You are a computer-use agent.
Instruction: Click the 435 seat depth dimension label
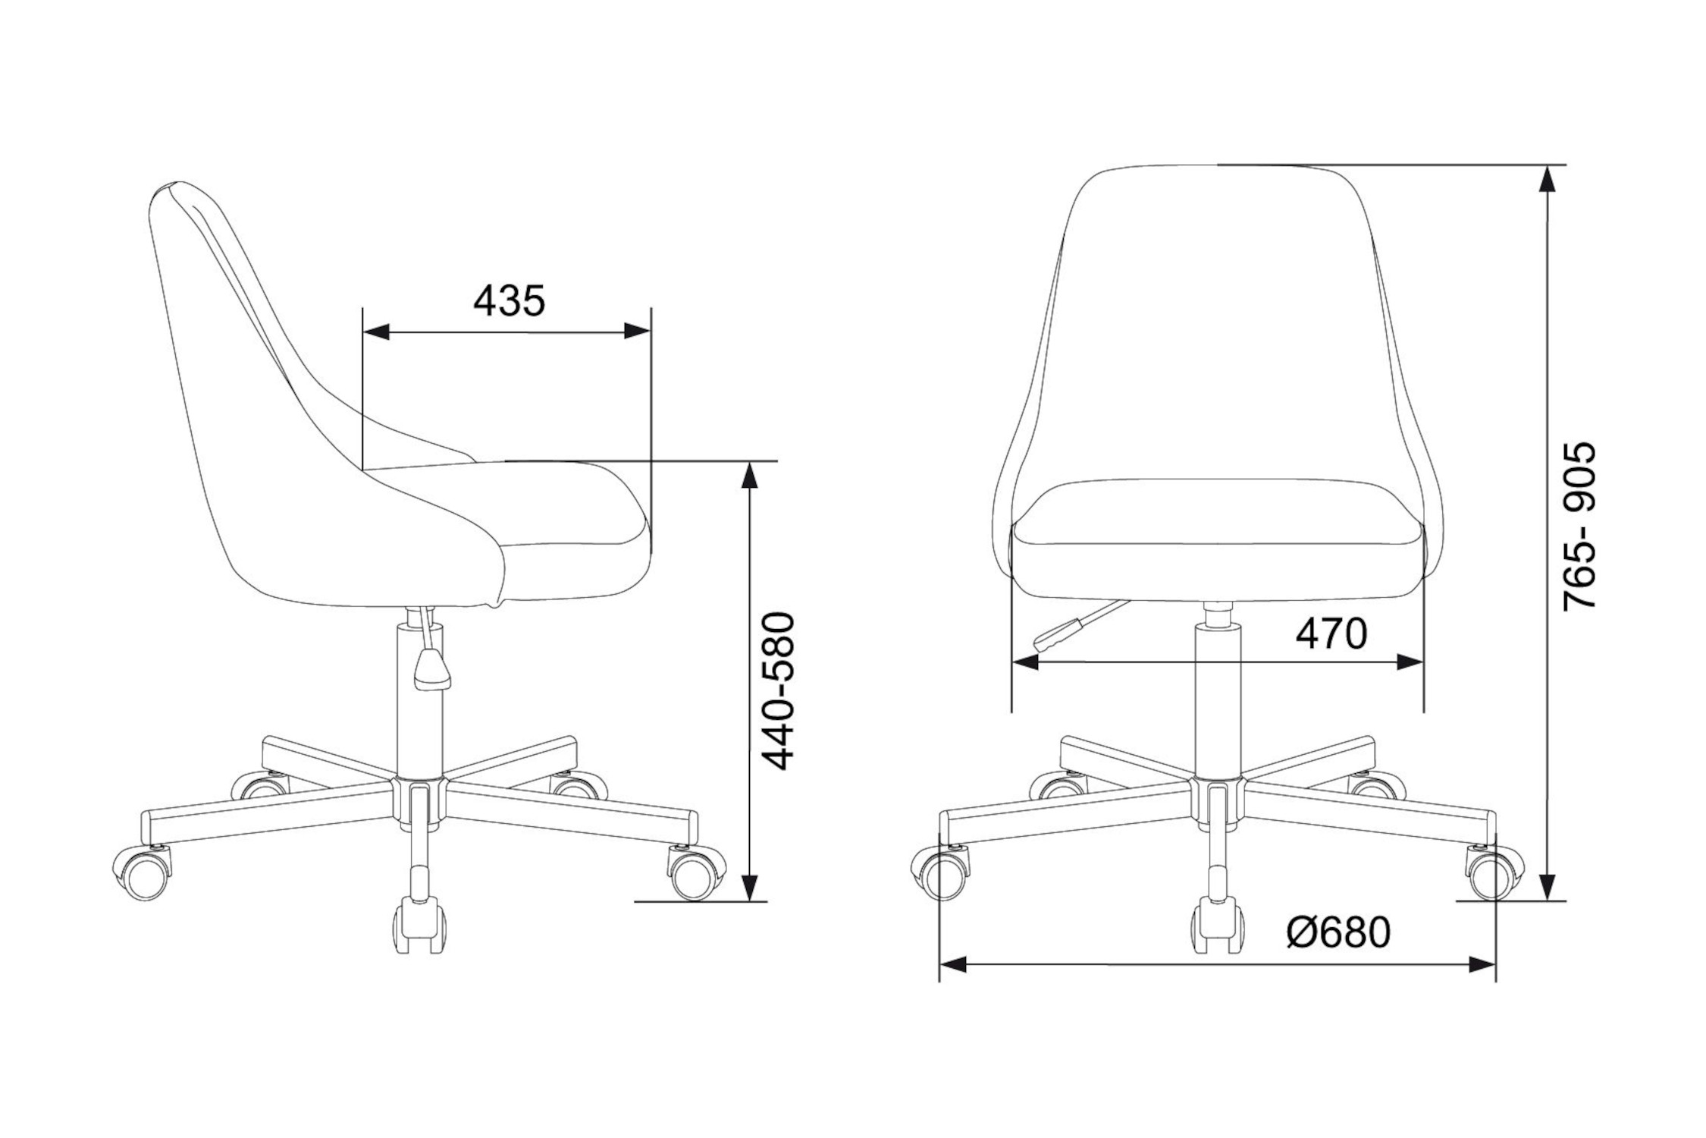pos(509,301)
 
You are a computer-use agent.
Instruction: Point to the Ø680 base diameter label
pos(1338,933)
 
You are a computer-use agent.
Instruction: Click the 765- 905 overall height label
pos(1580,526)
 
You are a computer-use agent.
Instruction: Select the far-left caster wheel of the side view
pos(143,874)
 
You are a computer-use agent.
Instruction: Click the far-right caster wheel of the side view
pos(696,874)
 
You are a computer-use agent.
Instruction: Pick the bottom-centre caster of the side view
pos(419,926)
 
